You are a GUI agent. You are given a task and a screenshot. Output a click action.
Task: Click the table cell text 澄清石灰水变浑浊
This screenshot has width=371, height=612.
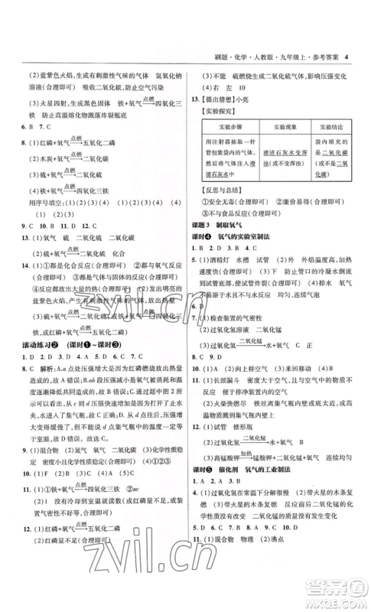click(x=282, y=195)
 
